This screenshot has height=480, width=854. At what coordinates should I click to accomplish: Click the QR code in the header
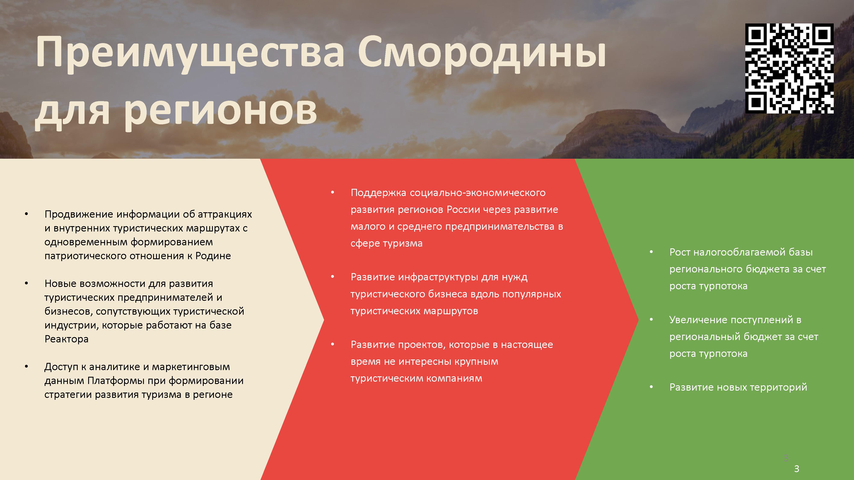coord(789,68)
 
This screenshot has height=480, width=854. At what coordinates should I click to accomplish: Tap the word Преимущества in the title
coord(190,54)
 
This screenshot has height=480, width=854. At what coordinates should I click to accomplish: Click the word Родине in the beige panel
coord(213,256)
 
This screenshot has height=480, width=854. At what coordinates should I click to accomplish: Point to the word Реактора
coord(66,339)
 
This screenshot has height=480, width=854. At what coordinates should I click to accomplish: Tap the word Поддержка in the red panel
coord(378,193)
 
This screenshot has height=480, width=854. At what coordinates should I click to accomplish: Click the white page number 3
coord(796,469)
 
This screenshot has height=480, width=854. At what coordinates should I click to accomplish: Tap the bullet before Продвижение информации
coord(26,214)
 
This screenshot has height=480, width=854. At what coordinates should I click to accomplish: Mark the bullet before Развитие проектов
coord(332,345)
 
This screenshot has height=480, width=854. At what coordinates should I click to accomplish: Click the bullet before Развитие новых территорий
coord(651,387)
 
